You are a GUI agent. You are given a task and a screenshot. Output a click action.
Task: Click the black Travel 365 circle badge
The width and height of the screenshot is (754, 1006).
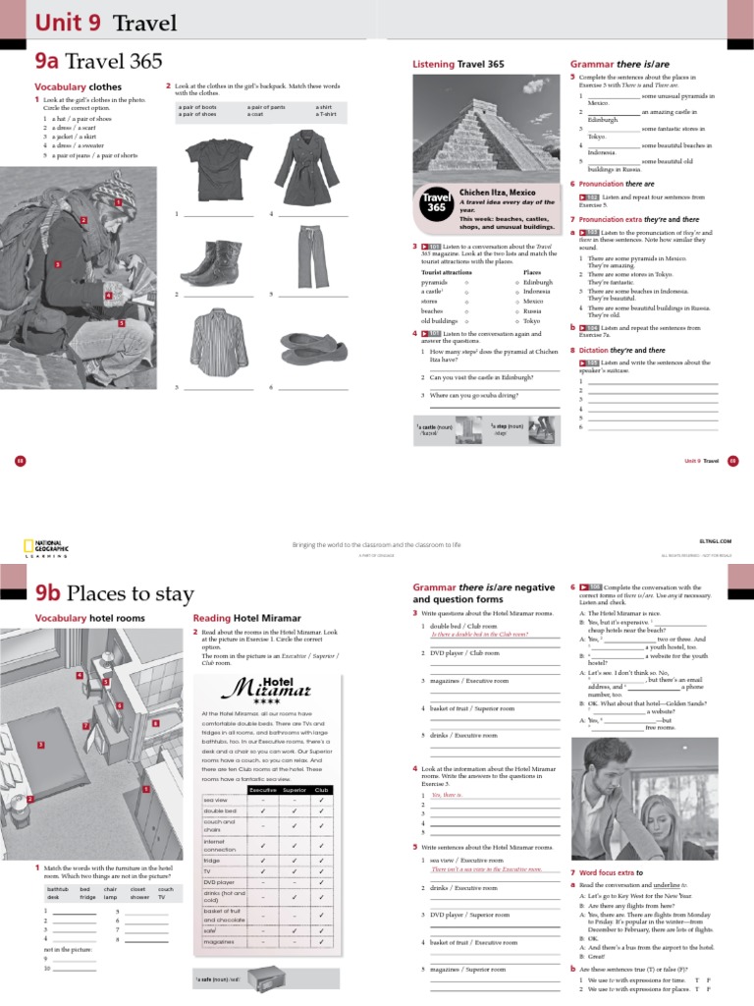click(437, 202)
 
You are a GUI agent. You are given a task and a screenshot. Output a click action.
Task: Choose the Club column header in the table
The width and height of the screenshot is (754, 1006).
click(321, 790)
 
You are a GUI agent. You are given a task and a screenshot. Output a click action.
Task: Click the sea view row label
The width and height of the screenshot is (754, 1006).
click(215, 800)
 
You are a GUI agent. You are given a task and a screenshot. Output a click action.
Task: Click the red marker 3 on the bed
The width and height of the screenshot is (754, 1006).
click(42, 745)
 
